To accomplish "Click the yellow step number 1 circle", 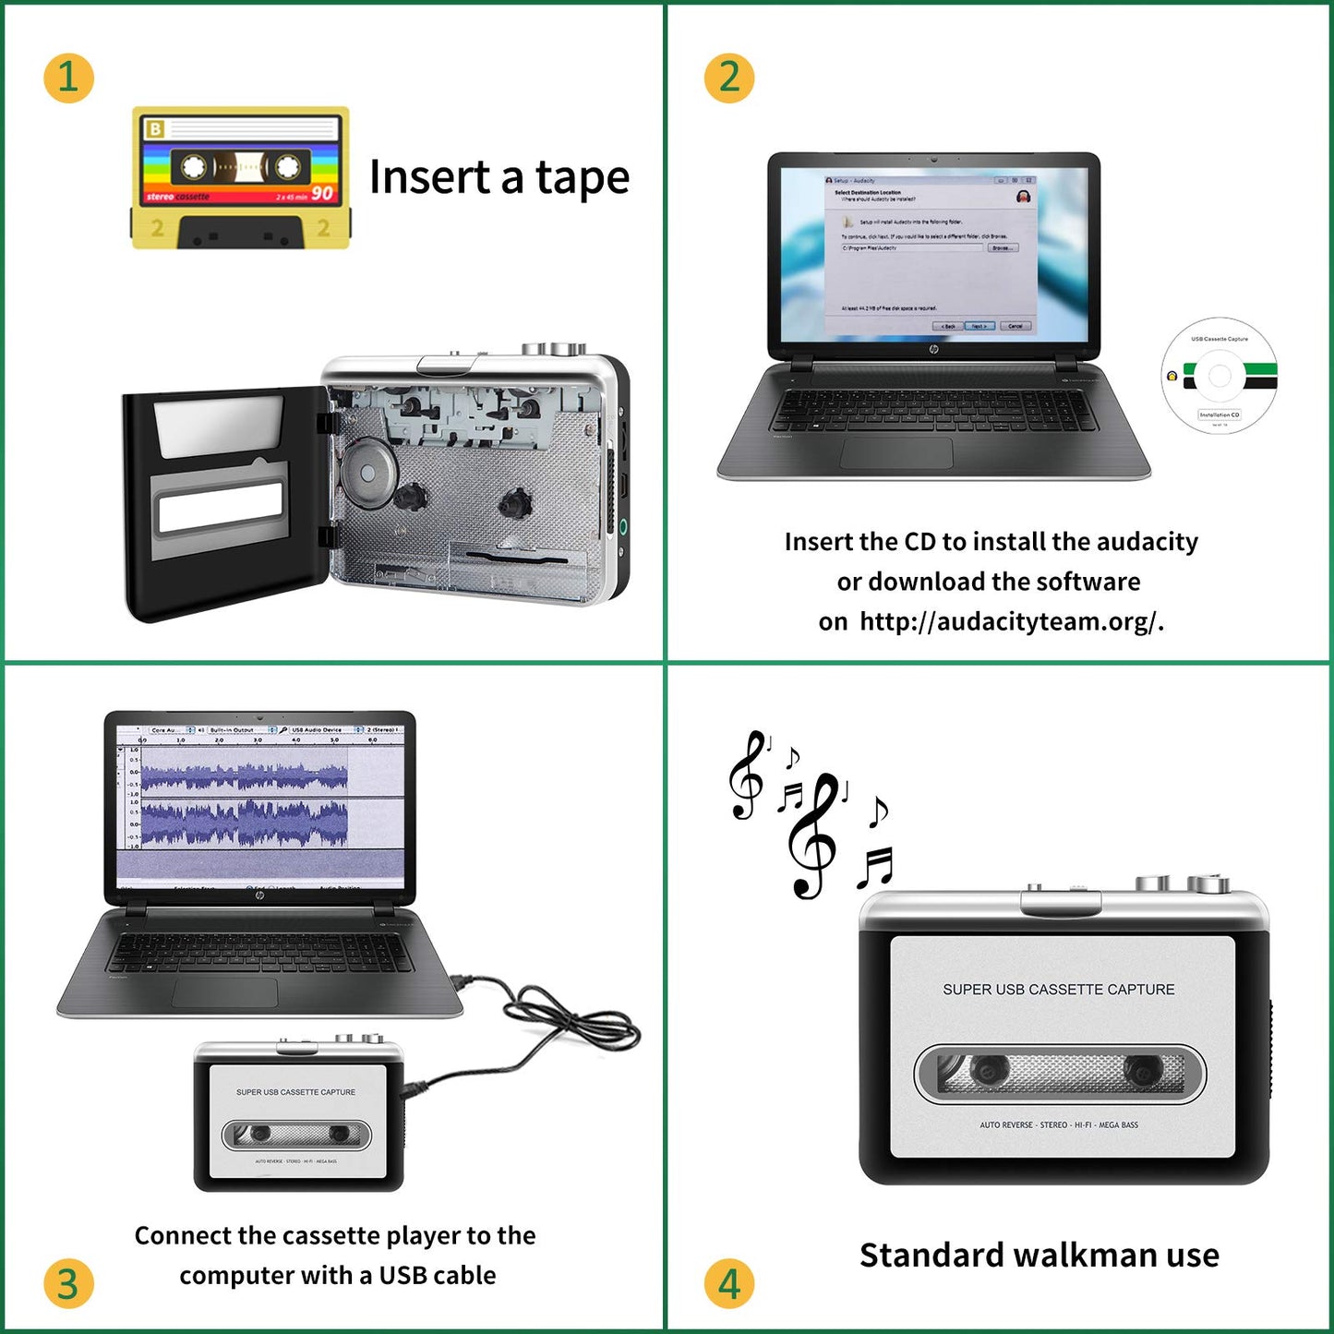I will pyautogui.click(x=68, y=78).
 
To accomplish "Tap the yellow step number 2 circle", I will pyautogui.click(x=728, y=78).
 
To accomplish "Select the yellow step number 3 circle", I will pyautogui.click(x=68, y=1283).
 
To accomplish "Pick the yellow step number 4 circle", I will pyautogui.click(x=728, y=1283).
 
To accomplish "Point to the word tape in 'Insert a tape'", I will pyautogui.click(x=582, y=178).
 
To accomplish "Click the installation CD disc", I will pyautogui.click(x=1219, y=376).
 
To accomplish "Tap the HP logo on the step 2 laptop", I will pyautogui.click(x=933, y=350).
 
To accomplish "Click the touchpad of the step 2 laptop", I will pyautogui.click(x=895, y=453).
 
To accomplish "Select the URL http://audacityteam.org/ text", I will pyautogui.click(x=1008, y=621).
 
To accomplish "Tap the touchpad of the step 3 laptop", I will pyautogui.click(x=224, y=992).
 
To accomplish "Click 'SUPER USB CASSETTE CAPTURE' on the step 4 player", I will pyautogui.click(x=1058, y=990).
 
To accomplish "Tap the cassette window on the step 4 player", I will pyautogui.click(x=1060, y=1074).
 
